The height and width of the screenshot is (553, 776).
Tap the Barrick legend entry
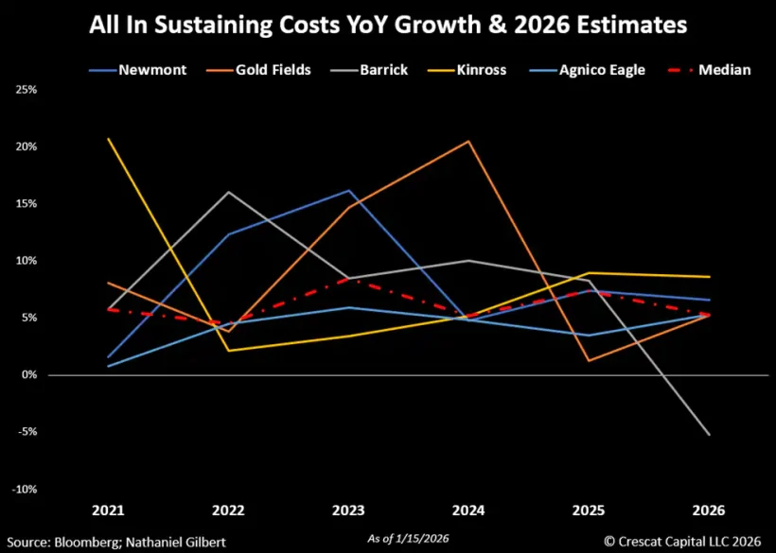[383, 70]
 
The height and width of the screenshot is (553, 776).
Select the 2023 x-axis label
[348, 510]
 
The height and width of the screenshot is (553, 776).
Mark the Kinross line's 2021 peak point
[109, 139]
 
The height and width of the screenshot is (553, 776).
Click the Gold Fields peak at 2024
[468, 141]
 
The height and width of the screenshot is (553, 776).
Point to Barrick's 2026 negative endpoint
[709, 435]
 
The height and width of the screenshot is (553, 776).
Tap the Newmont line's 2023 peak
[348, 190]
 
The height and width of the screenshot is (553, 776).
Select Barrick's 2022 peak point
[228, 192]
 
